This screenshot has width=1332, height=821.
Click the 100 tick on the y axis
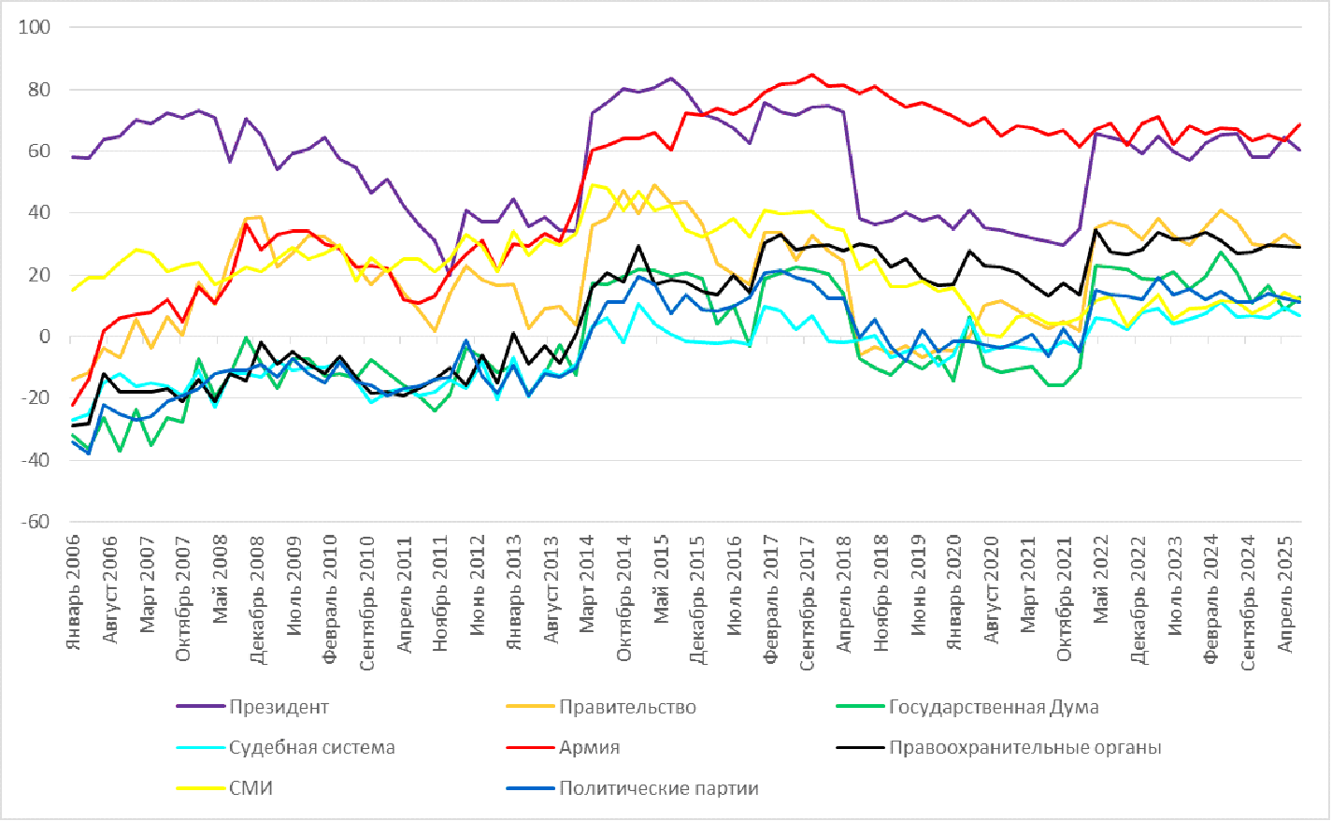pos(35,27)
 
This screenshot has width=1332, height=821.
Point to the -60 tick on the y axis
pos(35,522)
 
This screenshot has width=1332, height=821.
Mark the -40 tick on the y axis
pos(35,460)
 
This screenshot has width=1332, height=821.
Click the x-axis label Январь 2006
pos(75,592)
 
